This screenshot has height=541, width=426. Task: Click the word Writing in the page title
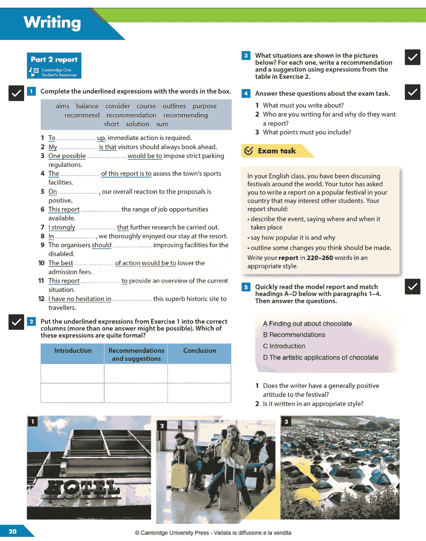52,23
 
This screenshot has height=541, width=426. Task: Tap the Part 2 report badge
54,65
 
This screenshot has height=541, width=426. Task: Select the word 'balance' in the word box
87,106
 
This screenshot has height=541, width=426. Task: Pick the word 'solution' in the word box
137,124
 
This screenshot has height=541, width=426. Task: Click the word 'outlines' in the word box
174,106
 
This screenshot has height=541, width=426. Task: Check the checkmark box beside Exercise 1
16,93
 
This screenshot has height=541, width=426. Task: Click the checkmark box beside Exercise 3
412,57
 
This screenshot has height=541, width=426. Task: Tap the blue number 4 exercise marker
246,94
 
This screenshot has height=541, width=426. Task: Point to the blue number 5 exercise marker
246,287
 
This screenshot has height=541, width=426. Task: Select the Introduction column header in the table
73,351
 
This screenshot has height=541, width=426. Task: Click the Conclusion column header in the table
199,351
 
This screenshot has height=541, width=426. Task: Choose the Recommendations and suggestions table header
136,354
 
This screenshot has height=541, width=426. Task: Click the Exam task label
276,151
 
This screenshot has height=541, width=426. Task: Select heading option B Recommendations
294,335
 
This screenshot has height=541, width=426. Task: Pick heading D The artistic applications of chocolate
320,358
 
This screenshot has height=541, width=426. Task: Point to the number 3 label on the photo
286,422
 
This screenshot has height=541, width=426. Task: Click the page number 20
13,531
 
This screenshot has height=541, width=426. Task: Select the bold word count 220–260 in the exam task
320,258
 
